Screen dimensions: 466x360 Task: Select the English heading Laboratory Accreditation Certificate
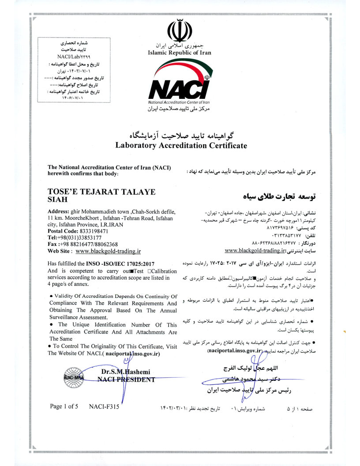(x=181, y=145)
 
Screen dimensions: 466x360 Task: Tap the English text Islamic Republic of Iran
(x=180, y=53)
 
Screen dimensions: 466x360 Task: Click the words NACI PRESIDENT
(x=126, y=379)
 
